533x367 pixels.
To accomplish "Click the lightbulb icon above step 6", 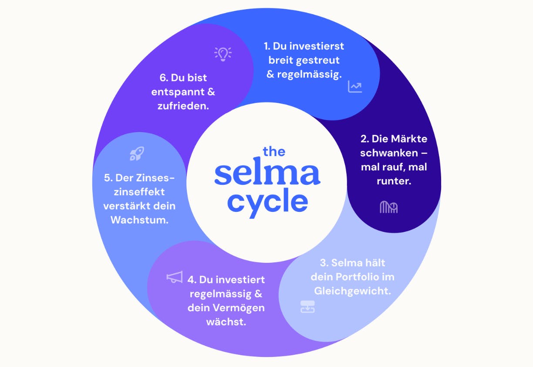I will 223,54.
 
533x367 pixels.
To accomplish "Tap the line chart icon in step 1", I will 355,86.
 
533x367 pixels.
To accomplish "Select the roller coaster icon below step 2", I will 388,207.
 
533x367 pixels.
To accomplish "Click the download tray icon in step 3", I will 307,307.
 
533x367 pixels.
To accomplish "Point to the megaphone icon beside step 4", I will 175,278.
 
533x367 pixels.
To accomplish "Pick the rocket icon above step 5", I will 137,153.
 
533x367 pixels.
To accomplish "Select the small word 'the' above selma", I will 274,151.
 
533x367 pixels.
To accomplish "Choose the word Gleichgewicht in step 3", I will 351,291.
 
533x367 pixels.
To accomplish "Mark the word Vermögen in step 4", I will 245,308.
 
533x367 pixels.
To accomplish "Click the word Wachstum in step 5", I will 139,220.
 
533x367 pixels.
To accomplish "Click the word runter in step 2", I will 394,181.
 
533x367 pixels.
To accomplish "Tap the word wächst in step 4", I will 226,322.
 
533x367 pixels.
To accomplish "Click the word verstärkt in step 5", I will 126,206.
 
